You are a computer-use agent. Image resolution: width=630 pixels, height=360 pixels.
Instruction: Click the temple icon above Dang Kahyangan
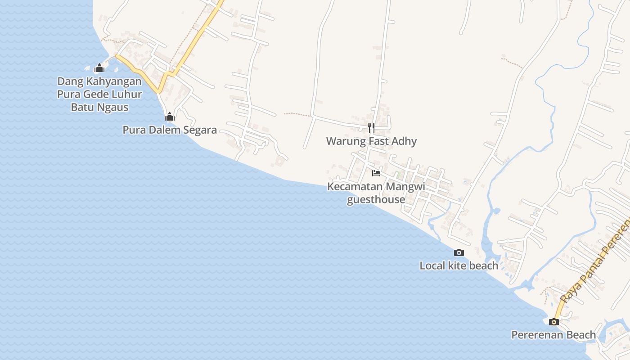point(99,68)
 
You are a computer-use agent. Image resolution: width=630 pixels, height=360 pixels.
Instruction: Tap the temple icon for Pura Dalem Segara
point(170,117)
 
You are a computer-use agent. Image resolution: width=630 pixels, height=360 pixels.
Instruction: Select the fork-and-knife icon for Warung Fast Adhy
point(371,128)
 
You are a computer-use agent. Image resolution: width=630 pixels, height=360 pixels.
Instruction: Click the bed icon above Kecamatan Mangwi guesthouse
point(376,173)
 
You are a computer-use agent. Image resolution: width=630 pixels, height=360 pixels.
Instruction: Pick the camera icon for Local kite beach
point(459,253)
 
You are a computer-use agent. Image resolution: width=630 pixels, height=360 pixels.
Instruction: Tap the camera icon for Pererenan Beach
point(554,322)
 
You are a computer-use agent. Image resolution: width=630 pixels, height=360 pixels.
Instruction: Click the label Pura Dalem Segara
point(170,130)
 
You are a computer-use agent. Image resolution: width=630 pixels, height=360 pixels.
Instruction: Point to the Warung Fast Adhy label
point(371,141)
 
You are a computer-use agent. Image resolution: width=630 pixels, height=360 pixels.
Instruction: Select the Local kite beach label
point(459,266)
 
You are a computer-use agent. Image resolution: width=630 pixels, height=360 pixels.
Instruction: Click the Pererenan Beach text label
point(553,335)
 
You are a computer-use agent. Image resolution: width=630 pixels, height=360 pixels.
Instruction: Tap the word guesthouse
point(376,199)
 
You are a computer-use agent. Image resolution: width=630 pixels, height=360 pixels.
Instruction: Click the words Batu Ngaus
point(100,108)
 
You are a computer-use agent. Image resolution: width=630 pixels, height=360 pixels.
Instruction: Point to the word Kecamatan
point(355,186)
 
